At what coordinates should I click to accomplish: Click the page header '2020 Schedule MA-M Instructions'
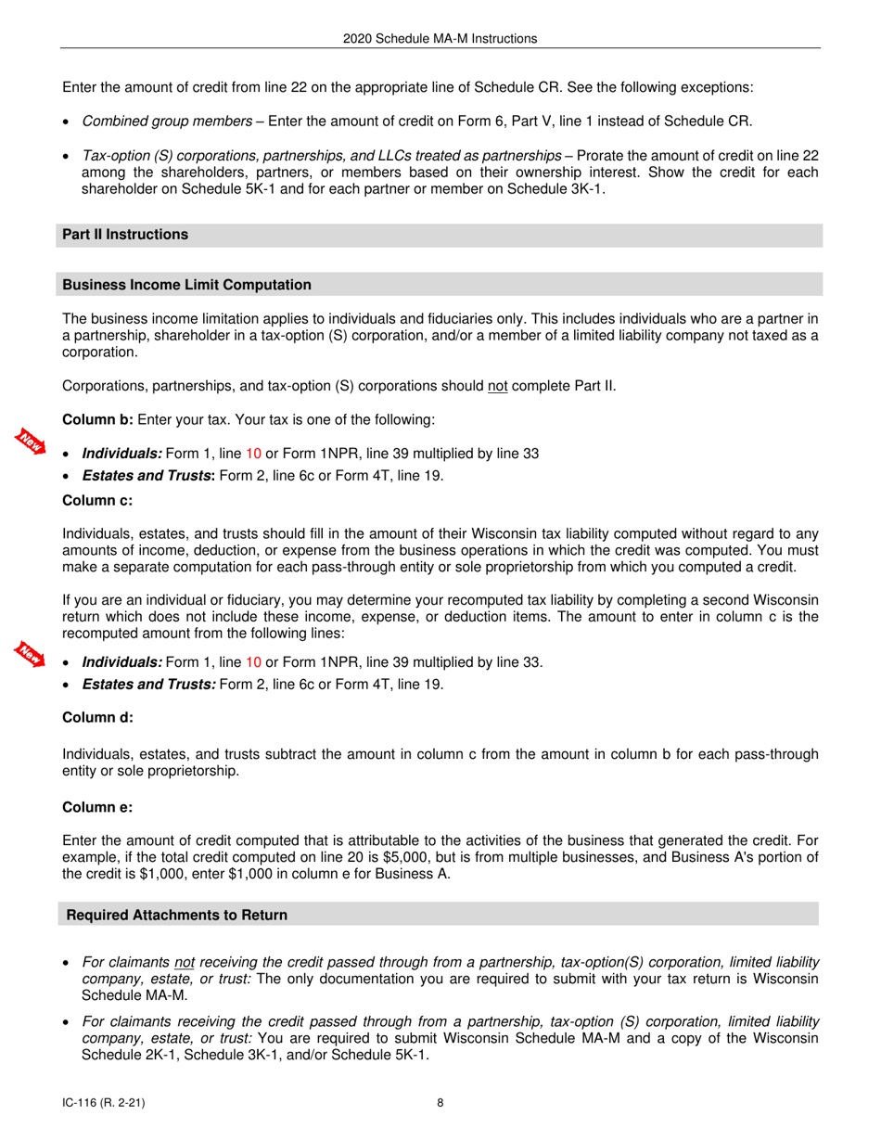point(440,39)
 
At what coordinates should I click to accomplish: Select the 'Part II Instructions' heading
point(125,235)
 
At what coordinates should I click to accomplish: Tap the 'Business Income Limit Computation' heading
point(186,285)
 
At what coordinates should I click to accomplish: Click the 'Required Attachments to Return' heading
point(177,916)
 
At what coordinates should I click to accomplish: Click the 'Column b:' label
point(97,420)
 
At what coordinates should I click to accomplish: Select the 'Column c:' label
point(97,501)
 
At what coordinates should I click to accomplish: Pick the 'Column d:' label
point(97,718)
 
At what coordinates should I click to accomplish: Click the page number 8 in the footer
point(440,1103)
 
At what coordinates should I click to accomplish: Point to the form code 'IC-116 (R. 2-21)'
point(103,1103)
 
